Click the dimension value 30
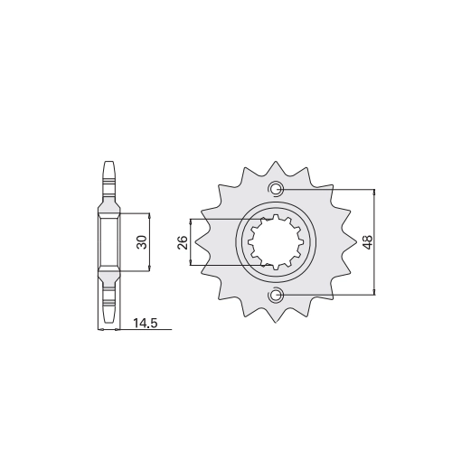(143, 242)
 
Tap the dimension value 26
(183, 242)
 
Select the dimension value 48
(368, 242)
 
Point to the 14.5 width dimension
(146, 324)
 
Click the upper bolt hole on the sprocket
(276, 189)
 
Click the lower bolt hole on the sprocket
(276, 295)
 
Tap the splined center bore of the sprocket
(275, 242)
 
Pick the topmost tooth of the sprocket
(276, 167)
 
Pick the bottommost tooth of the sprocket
(276, 315)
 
